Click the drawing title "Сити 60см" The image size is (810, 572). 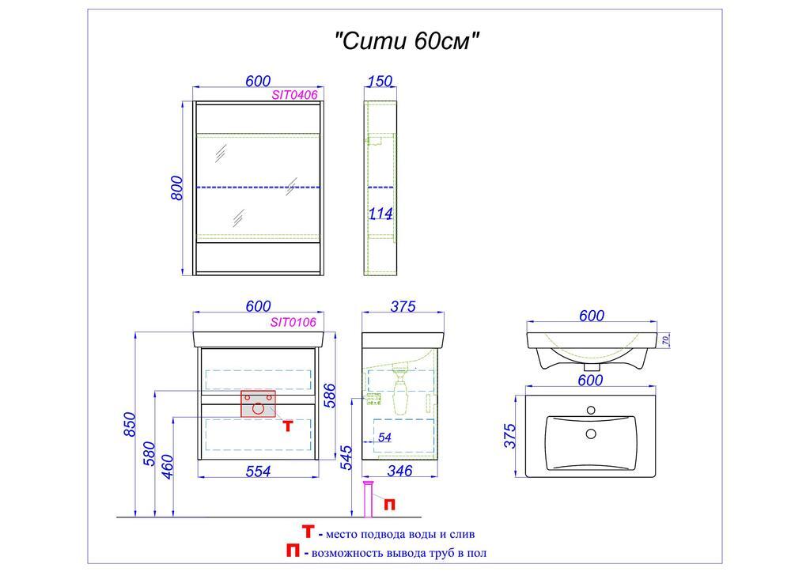tap(408, 41)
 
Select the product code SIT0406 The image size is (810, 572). tap(294, 95)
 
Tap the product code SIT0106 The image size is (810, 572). tap(293, 322)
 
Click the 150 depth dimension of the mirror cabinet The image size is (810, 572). tap(380, 81)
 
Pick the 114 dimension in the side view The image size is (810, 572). tap(380, 214)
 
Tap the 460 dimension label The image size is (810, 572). tap(167, 464)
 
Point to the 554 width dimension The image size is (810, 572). tap(258, 472)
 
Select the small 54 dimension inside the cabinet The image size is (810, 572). tap(384, 438)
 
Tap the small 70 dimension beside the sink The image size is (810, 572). tap(666, 340)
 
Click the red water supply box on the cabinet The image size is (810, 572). tap(258, 403)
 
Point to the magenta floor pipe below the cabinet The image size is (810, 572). tap(367, 498)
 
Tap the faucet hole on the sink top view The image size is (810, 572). tap(589, 411)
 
